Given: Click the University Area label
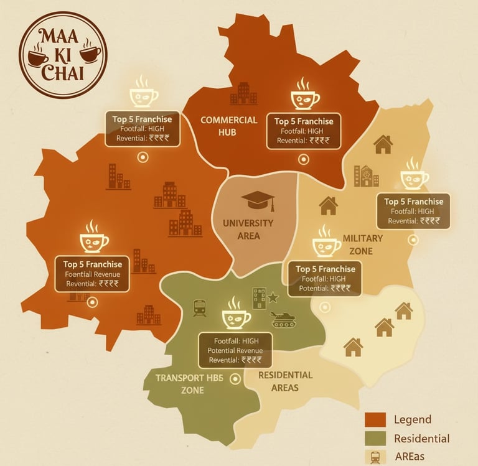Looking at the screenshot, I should [248, 229].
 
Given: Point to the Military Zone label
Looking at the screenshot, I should [363, 244].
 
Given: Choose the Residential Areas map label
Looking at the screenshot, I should [285, 381].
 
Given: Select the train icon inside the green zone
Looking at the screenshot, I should [200, 308].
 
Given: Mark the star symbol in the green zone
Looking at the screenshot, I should [273, 297].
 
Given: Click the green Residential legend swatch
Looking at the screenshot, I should [376, 439].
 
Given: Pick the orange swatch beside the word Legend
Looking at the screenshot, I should [376, 419].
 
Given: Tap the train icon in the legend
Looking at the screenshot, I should [376, 457].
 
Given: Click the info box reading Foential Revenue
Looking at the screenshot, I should [93, 273].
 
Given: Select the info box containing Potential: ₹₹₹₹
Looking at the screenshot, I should [327, 278].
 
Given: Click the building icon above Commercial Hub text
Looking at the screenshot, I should [243, 94].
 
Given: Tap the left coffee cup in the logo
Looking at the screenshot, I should [38, 57].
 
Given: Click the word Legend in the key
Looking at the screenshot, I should [412, 419].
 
